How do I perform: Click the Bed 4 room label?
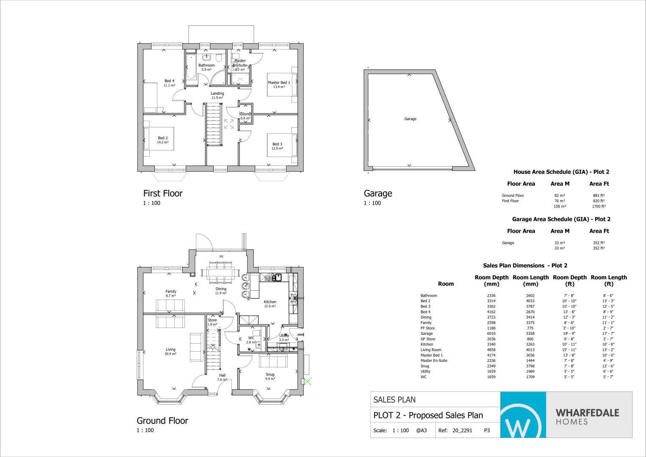169,81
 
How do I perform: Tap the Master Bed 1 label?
279,83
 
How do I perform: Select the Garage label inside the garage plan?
410,119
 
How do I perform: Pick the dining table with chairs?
220,273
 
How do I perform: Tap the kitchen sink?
278,277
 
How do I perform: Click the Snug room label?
270,374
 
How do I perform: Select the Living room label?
170,350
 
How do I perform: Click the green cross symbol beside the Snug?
308,382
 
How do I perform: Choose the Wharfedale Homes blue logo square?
523,415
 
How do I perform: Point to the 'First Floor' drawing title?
163,193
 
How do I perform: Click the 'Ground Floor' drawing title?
162,421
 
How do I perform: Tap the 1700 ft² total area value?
599,206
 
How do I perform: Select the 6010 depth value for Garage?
491,333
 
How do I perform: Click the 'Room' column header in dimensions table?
446,284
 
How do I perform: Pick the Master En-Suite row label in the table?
434,361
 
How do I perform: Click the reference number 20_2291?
462,430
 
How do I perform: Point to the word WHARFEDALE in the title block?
588,413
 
